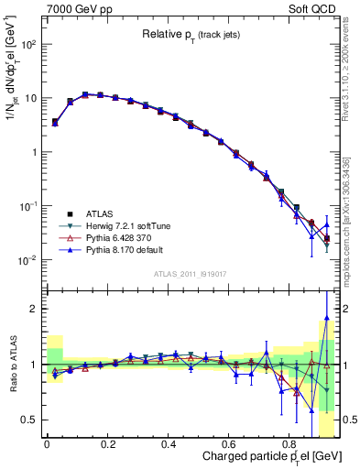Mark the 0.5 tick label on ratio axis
pos(30,420)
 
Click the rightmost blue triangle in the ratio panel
pos(326,321)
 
